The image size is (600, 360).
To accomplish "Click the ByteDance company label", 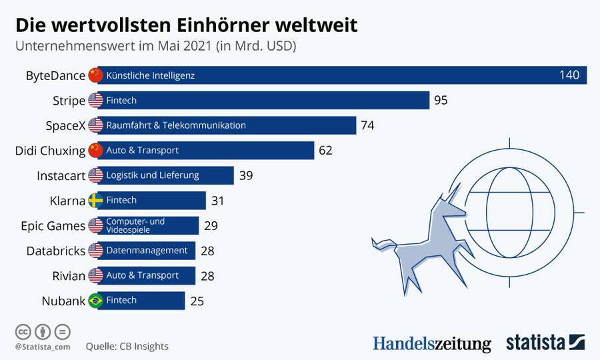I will click(x=55, y=75).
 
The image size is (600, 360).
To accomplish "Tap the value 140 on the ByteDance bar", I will click(x=569, y=75).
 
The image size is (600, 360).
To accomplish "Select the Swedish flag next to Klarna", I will click(x=95, y=200).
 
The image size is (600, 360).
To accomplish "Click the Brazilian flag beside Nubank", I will click(x=95, y=301).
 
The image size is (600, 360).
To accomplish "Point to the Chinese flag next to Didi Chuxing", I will click(x=95, y=151).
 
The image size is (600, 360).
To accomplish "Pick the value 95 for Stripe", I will click(x=440, y=101).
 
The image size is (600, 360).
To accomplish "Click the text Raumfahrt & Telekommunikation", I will click(x=176, y=125).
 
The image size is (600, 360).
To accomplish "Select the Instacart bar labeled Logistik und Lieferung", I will click(x=167, y=175).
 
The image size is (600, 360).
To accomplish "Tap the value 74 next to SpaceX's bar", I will click(x=367, y=125).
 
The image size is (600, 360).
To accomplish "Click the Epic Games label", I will click(x=53, y=225).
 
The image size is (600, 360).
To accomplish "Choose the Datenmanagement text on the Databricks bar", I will click(x=147, y=251).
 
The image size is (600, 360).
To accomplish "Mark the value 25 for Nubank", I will click(x=197, y=301).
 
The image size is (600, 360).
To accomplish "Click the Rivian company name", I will click(x=69, y=275).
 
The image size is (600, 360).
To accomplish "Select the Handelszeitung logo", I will click(x=431, y=343).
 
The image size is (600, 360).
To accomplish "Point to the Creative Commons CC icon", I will click(x=23, y=331).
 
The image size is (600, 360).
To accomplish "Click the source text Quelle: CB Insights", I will click(x=127, y=346).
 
